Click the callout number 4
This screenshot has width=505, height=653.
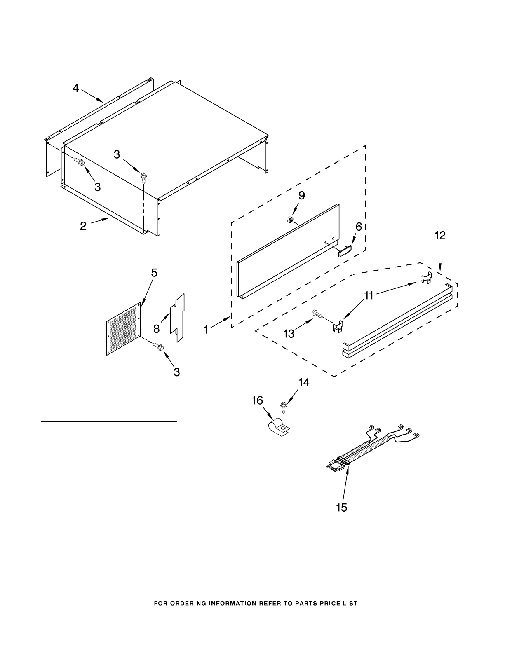point(76,88)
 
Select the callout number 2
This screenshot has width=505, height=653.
point(83,226)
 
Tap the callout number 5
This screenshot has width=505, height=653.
point(154,273)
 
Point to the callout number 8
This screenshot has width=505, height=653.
point(157,329)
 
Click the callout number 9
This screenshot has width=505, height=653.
point(302,195)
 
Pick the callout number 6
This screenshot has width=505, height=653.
point(359,227)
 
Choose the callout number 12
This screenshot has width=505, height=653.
point(440,235)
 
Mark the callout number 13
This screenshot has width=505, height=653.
point(289,334)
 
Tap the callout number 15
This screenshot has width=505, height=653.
point(341,508)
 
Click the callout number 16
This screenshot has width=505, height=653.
point(257,400)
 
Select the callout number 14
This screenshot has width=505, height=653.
point(304,382)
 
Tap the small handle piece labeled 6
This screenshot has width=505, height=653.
point(345,251)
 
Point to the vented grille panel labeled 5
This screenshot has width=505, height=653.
point(124,329)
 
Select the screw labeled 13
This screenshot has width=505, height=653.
point(317,314)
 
